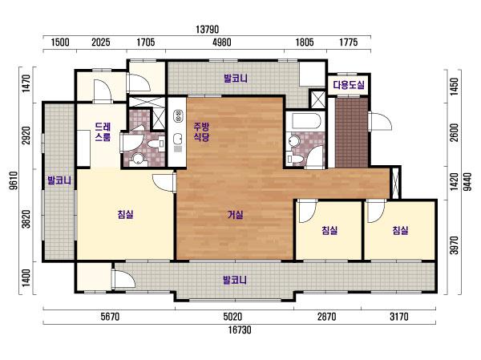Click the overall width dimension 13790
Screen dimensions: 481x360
click(x=208, y=30)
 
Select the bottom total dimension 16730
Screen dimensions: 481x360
click(x=240, y=330)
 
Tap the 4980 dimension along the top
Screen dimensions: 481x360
click(x=222, y=42)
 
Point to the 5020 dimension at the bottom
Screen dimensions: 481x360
click(x=232, y=317)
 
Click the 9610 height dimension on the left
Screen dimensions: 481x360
click(x=14, y=180)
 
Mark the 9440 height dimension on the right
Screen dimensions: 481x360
click(x=467, y=182)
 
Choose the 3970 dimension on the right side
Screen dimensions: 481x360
click(x=455, y=245)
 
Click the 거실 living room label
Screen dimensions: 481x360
click(x=235, y=215)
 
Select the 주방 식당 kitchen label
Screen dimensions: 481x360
click(x=201, y=131)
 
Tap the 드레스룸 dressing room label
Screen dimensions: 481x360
click(x=103, y=131)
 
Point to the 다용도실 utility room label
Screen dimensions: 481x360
click(x=349, y=85)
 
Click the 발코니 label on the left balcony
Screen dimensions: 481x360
click(x=59, y=180)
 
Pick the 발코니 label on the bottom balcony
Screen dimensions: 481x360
click(x=235, y=280)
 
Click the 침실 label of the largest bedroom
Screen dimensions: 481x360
click(x=126, y=214)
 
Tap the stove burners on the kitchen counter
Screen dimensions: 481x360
click(x=178, y=115)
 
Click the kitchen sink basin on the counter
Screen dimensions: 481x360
click(x=178, y=140)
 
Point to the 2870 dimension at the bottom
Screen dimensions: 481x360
click(x=327, y=317)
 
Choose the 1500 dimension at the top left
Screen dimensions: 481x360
click(x=60, y=42)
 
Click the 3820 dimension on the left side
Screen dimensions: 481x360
click(x=27, y=219)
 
